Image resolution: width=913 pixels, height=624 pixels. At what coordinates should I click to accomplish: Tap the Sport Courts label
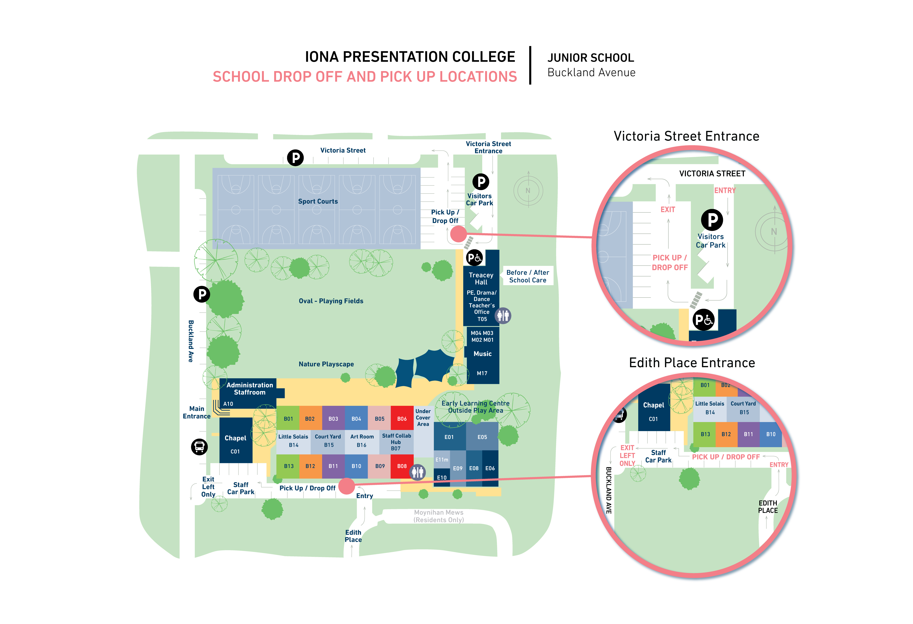pos(318,201)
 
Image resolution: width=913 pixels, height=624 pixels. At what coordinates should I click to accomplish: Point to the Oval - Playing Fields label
pos(331,301)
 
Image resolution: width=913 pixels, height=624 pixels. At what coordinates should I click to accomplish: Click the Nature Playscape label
pos(326,364)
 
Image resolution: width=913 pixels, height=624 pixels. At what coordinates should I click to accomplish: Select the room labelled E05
pos(482,437)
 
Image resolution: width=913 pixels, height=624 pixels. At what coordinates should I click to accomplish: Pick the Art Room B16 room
pos(362,440)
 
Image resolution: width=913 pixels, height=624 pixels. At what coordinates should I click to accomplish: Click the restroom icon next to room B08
pos(418,472)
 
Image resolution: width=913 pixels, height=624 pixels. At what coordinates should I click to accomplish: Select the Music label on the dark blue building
pos(482,354)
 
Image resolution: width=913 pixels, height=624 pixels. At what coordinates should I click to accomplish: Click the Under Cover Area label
pos(423,418)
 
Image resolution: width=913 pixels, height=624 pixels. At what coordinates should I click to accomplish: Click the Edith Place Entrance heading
pos(692,363)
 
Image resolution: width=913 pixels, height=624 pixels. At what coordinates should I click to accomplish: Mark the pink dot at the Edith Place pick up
pos(347,486)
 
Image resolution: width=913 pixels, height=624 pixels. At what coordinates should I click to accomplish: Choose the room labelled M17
pos(482,373)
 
